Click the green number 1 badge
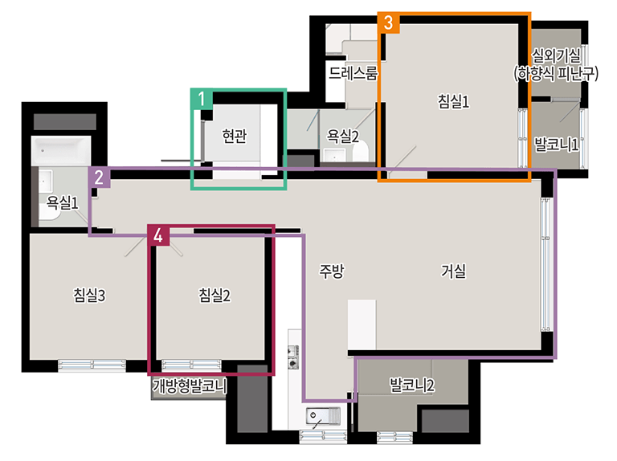pos(202,99)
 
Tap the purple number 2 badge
pos(99,177)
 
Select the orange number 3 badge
pos(389,22)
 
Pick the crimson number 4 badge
pos(158,235)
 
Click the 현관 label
pos(235,136)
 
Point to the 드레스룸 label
pos(353,73)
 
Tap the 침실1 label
pos(453,101)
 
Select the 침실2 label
pos(215,295)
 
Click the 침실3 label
pos(89,295)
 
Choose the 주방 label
pos(331,271)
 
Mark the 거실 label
pos(453,271)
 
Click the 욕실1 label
pos(62,202)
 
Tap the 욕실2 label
pos(343,137)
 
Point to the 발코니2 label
pos(412,385)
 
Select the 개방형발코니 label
pos(190,386)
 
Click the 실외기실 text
pos(556,55)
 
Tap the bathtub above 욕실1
pos(61,151)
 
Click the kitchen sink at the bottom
pos(323,417)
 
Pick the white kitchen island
pos(362,324)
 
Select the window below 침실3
pos(92,365)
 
